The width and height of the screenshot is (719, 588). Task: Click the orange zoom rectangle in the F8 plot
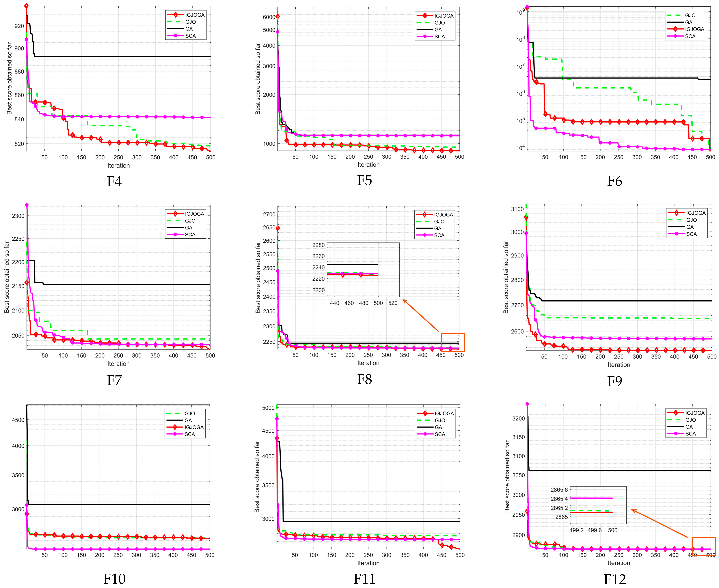coord(453,342)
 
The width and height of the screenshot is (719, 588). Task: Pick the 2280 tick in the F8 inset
coord(318,245)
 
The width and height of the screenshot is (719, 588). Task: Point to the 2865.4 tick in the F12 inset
coord(559,499)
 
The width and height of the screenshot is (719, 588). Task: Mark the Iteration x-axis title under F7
coord(118,364)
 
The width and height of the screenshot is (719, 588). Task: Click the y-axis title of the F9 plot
coord(506,277)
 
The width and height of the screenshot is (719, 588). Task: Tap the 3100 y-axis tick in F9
coord(517,209)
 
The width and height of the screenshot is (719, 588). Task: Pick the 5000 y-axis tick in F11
coord(268,408)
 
